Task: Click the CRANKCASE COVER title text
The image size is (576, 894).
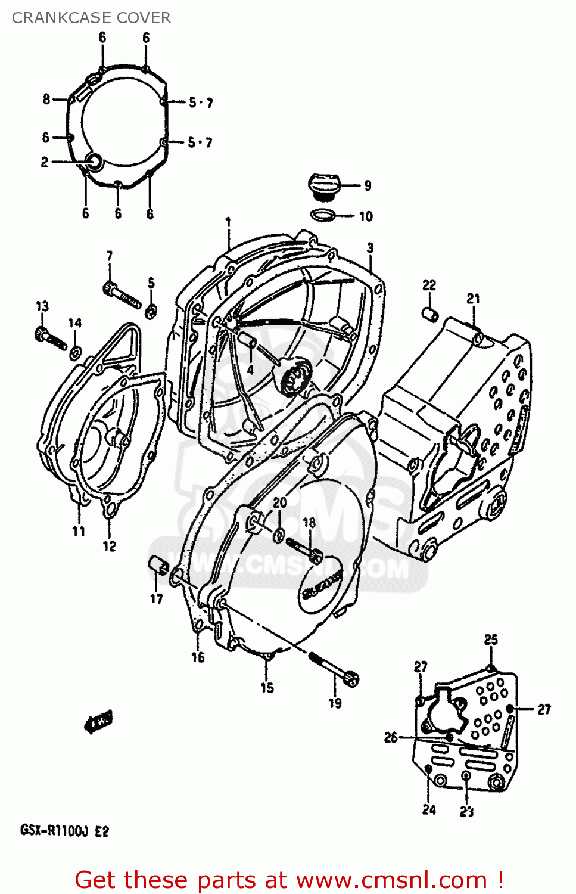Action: click(91, 18)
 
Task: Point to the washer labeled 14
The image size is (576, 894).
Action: click(75, 353)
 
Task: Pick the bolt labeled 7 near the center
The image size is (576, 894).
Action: click(122, 296)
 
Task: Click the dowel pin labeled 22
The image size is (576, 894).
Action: click(430, 313)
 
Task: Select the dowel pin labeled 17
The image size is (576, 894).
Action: click(158, 564)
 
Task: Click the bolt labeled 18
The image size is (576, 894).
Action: click(304, 548)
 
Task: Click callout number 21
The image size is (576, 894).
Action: click(473, 299)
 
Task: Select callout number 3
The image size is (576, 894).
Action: click(370, 248)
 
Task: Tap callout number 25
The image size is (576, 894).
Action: click(490, 640)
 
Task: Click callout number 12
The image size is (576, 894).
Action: click(109, 546)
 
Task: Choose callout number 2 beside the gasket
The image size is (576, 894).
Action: click(44, 162)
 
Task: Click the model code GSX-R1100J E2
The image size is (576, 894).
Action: click(64, 831)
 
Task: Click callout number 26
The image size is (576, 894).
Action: click(390, 738)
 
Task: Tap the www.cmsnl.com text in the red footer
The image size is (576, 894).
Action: click(391, 880)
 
